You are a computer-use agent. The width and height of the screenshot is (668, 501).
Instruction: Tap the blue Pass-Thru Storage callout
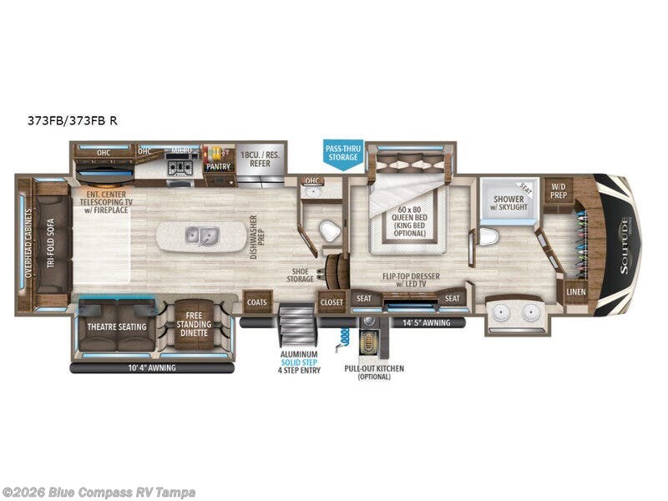point(342,154)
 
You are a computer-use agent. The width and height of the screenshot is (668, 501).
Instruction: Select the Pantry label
point(218,166)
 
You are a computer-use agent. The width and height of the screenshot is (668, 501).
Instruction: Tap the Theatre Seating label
point(117,326)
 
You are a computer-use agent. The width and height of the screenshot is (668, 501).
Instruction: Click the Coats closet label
point(256,301)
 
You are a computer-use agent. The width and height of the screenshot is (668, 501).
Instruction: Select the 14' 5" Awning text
point(426,322)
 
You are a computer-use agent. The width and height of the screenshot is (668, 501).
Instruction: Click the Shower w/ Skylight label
point(509,203)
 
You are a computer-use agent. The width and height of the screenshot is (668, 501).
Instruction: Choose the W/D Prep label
point(559,191)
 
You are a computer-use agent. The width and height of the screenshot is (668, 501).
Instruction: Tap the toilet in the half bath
point(331,230)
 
